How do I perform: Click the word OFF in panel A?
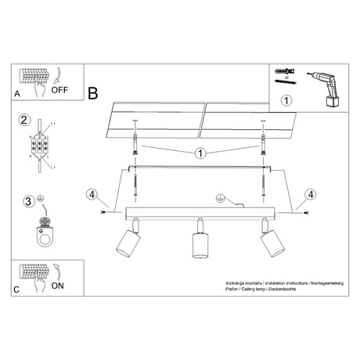tap(60, 89)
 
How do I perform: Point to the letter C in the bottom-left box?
tap(18, 290)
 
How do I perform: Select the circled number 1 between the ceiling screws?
tap(202, 153)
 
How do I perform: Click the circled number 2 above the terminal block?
tap(25, 121)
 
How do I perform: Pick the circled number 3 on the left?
tap(28, 201)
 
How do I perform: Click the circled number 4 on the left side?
tap(92, 194)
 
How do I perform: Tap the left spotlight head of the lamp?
tap(126, 244)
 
